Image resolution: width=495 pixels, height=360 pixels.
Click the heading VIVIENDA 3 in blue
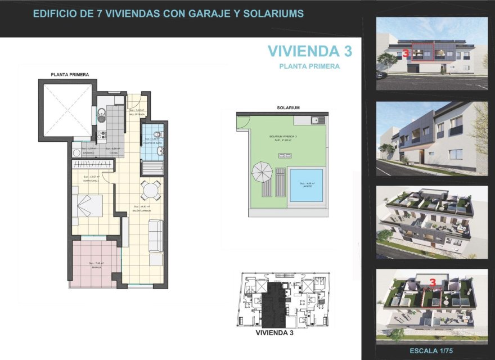[310, 51]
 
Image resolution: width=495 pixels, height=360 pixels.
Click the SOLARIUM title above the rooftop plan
[288, 107]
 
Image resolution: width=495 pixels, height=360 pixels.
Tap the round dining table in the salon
[150, 191]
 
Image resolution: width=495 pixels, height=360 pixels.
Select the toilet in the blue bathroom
[157, 134]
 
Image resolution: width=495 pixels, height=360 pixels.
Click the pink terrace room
[94, 263]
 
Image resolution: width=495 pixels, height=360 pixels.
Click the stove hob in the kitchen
[102, 135]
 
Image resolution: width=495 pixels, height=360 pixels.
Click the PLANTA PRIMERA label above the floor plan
[70, 74]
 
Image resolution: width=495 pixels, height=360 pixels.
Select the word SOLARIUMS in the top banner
[272, 13]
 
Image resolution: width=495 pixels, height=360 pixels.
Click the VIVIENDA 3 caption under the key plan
[274, 333]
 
